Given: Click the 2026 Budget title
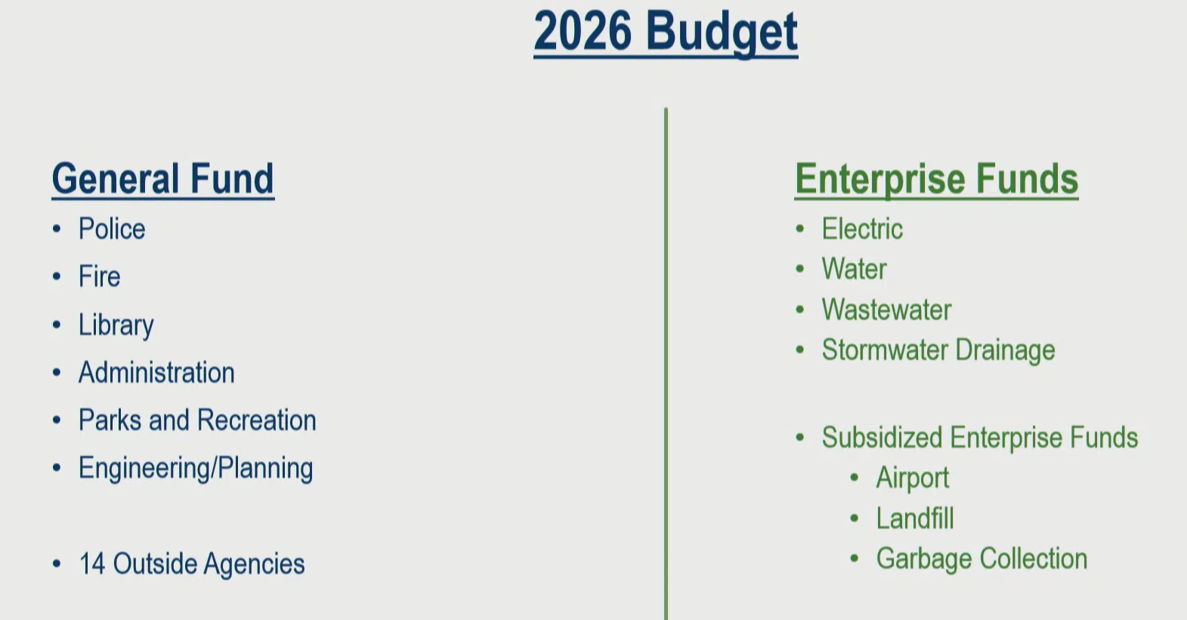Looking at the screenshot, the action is [666, 33].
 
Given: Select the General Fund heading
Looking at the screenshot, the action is [162, 179].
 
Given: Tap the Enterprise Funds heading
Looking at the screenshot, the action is [936, 179].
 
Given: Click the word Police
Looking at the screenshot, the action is [112, 229].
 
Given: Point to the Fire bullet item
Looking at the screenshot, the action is [100, 276].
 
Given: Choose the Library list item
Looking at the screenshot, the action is [116, 325].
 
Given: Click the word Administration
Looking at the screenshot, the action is [156, 372].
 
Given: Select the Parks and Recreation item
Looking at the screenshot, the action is [197, 420].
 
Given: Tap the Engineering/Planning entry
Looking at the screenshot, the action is [196, 469].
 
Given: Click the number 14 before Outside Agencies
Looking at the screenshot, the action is [91, 563].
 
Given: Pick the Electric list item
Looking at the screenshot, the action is [862, 229].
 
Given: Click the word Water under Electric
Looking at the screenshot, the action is [855, 269].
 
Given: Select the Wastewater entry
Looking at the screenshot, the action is [886, 310].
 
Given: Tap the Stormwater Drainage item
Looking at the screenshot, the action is [938, 351].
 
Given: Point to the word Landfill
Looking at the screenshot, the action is [915, 518].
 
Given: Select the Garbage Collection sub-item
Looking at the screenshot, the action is [981, 560].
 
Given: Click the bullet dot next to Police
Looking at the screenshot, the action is [57, 229].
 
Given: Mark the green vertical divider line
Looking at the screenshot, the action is [666, 364].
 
